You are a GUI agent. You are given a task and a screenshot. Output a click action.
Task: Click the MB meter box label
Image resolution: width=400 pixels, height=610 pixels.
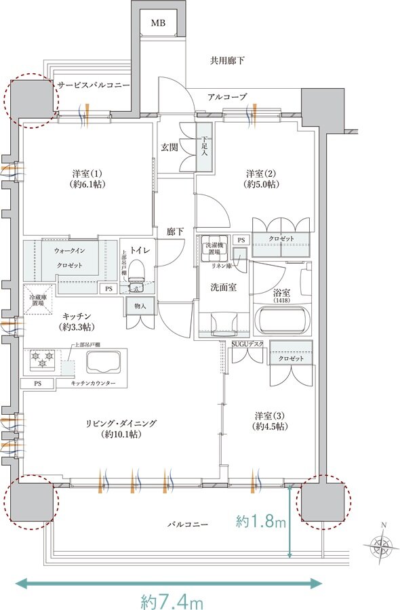tap(158, 24)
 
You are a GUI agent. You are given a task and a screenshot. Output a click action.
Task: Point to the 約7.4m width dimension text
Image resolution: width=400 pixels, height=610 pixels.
tap(172, 600)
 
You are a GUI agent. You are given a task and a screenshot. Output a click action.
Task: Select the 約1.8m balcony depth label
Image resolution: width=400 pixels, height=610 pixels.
tap(261, 522)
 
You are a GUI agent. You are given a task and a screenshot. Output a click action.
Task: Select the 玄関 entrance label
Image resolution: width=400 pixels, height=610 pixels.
tap(169, 146)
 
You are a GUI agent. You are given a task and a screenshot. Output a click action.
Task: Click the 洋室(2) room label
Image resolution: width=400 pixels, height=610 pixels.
tap(261, 178)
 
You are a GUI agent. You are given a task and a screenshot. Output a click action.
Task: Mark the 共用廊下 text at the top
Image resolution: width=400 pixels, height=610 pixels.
tap(227, 61)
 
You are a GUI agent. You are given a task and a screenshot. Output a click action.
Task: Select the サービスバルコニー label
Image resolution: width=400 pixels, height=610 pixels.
tap(93, 86)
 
